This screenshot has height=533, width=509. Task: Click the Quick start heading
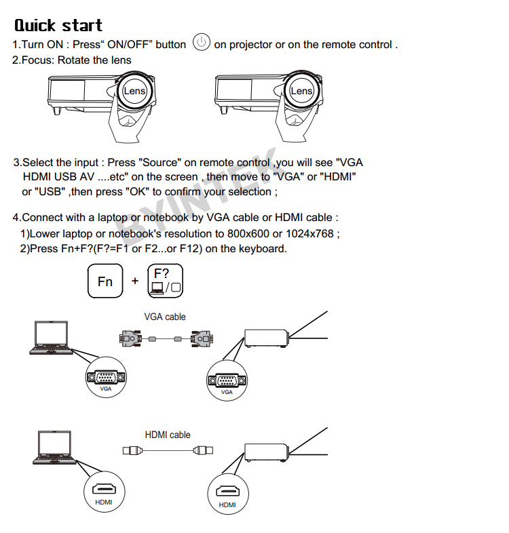click(58, 26)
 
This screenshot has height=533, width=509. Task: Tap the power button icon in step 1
click(201, 42)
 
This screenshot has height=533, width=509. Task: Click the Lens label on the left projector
click(134, 91)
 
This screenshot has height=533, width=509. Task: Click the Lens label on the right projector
click(301, 91)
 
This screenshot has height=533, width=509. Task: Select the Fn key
click(105, 281)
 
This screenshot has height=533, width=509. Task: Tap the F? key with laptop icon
click(166, 281)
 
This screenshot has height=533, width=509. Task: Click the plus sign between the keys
click(135, 281)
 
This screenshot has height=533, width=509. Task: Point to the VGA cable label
click(165, 317)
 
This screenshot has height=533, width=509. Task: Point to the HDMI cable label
click(168, 435)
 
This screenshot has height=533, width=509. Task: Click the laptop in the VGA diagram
click(51, 338)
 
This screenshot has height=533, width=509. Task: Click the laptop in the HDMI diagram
click(54, 448)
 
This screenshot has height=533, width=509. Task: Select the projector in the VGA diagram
click(267, 338)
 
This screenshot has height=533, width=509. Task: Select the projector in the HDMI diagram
click(267, 452)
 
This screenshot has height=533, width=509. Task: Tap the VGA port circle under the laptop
click(106, 377)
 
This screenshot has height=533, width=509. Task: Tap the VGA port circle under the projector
click(227, 380)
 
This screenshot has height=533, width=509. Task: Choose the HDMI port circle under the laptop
click(104, 492)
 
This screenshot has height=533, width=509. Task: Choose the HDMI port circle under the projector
click(228, 494)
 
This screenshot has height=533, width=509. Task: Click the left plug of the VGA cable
click(131, 338)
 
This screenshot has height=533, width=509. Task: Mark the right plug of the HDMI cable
click(203, 450)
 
